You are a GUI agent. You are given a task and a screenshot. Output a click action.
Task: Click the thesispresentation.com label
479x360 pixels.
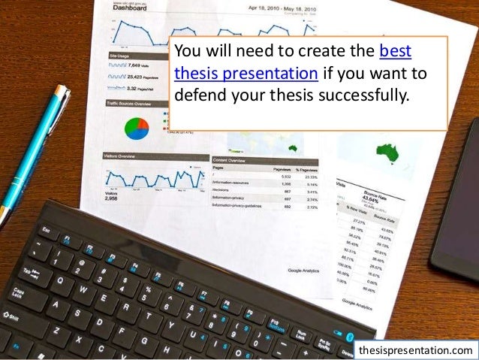(x=416, y=350)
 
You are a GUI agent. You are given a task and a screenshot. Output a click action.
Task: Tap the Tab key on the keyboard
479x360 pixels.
(x=31, y=272)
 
